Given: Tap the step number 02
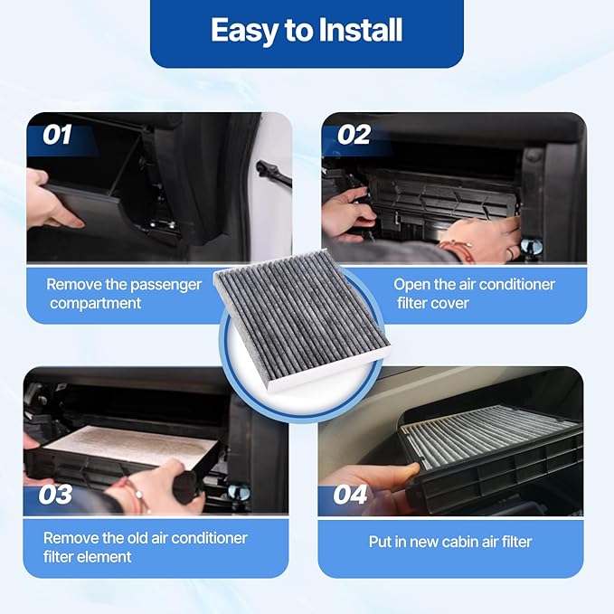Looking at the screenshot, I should [354, 136].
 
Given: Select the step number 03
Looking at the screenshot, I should [55, 495].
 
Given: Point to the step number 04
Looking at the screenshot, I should [350, 495].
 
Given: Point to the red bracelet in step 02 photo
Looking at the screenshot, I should [458, 244].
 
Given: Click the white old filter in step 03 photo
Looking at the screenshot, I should [136, 443].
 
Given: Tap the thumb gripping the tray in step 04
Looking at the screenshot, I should [407, 469].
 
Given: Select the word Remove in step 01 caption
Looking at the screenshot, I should [73, 284].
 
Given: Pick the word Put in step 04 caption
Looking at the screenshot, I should [381, 542].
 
